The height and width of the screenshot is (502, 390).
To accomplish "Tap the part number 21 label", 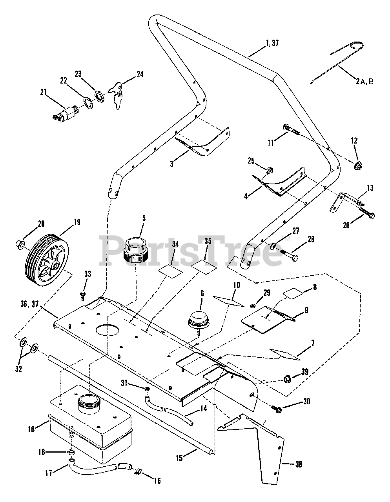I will [x=44, y=93].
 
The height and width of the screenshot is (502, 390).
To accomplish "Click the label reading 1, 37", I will [x=271, y=43].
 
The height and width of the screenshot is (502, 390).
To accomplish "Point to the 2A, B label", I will [x=364, y=81].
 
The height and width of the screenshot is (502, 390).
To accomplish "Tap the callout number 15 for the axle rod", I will [x=179, y=458].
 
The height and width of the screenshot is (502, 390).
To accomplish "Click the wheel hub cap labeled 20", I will [x=20, y=245].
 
